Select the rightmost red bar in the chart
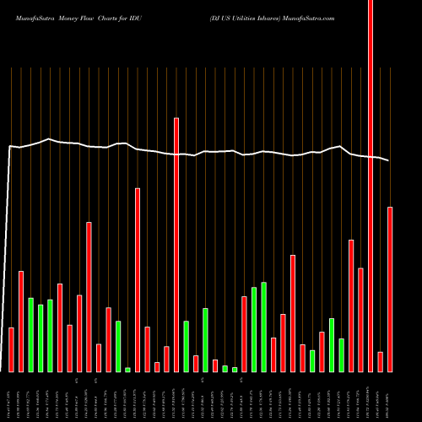(x=390, y=289)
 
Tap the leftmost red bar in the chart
(x=11, y=349)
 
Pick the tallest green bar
(x=263, y=327)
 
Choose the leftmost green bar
(x=30, y=334)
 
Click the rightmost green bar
(x=341, y=354)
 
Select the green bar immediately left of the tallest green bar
(x=254, y=329)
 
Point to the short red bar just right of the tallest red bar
(x=380, y=361)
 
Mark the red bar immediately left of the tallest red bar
(x=360, y=320)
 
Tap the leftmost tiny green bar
(x=127, y=369)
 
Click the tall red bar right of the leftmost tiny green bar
(x=138, y=279)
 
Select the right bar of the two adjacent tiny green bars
(x=235, y=369)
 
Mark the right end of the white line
(x=390, y=160)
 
